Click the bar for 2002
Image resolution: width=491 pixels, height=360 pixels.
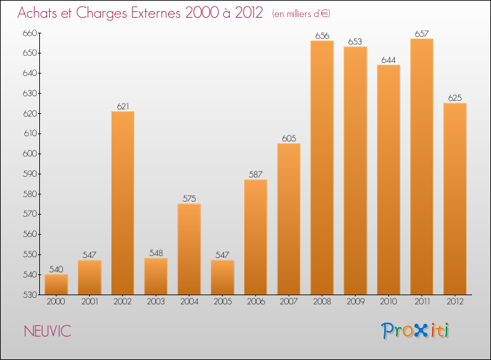(x=122, y=203)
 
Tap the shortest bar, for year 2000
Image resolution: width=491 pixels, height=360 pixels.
(x=56, y=285)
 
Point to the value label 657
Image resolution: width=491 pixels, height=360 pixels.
(x=422, y=33)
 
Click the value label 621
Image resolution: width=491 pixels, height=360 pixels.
(x=122, y=106)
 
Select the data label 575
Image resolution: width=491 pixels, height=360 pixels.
(x=189, y=198)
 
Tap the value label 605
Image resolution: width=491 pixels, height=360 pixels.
(x=289, y=138)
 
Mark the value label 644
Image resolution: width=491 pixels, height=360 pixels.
(x=388, y=60)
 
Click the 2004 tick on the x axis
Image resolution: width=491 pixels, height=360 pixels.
(x=189, y=302)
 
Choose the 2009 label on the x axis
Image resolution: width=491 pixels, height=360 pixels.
(x=355, y=302)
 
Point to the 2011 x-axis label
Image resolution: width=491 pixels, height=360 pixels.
(x=422, y=302)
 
